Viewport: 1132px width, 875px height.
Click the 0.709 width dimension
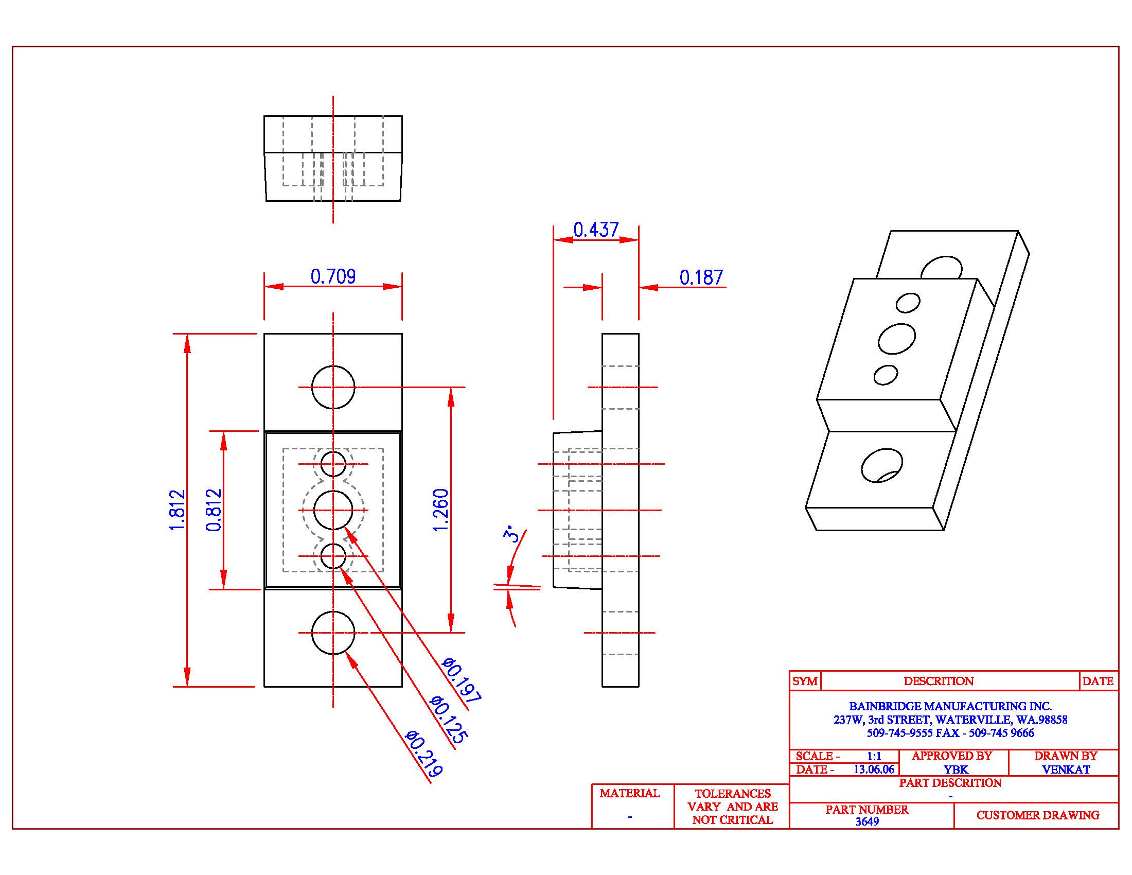point(333,276)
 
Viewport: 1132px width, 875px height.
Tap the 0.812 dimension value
point(214,510)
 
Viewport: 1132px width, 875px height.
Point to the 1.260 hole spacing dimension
point(440,510)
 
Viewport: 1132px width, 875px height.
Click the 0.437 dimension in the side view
point(595,230)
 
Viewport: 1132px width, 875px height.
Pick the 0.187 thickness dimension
point(701,277)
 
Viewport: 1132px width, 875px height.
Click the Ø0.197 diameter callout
point(462,679)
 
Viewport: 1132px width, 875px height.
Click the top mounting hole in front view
point(333,387)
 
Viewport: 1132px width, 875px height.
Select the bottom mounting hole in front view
point(333,633)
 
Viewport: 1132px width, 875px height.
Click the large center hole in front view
point(333,510)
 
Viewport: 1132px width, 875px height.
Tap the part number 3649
point(867,821)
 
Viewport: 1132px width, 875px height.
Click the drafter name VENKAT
point(1066,770)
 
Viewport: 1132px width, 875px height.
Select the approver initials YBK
point(956,770)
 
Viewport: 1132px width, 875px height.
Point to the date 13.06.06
point(874,769)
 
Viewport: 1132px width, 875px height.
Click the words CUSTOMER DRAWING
point(1038,815)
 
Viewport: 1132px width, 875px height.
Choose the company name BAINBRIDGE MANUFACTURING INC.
point(950,706)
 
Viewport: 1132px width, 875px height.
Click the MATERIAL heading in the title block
point(630,793)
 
